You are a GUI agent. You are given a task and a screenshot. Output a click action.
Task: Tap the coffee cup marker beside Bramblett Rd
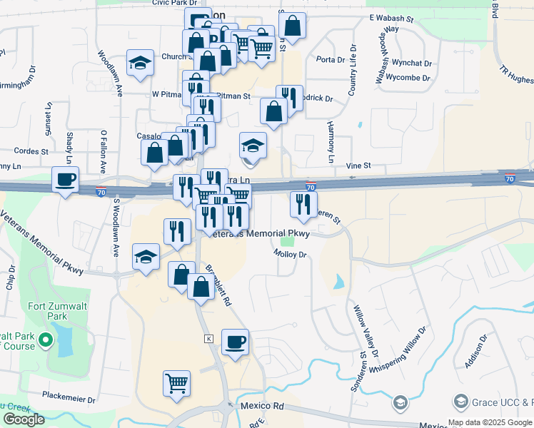click(x=235, y=342)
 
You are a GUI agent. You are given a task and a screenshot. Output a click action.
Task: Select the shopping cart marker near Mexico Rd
click(x=176, y=383)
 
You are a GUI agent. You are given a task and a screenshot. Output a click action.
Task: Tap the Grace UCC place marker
click(x=400, y=404)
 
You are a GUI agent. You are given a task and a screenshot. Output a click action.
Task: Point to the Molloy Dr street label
click(x=290, y=254)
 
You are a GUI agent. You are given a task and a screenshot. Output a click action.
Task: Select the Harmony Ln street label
click(x=331, y=141)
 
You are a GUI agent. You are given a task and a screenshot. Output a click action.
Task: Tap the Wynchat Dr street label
click(x=413, y=63)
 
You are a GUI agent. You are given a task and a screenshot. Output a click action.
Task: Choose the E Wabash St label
click(x=391, y=17)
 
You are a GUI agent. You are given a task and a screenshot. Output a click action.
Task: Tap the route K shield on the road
click(x=208, y=337)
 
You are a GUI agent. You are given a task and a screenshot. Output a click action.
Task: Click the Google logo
click(x=24, y=419)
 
